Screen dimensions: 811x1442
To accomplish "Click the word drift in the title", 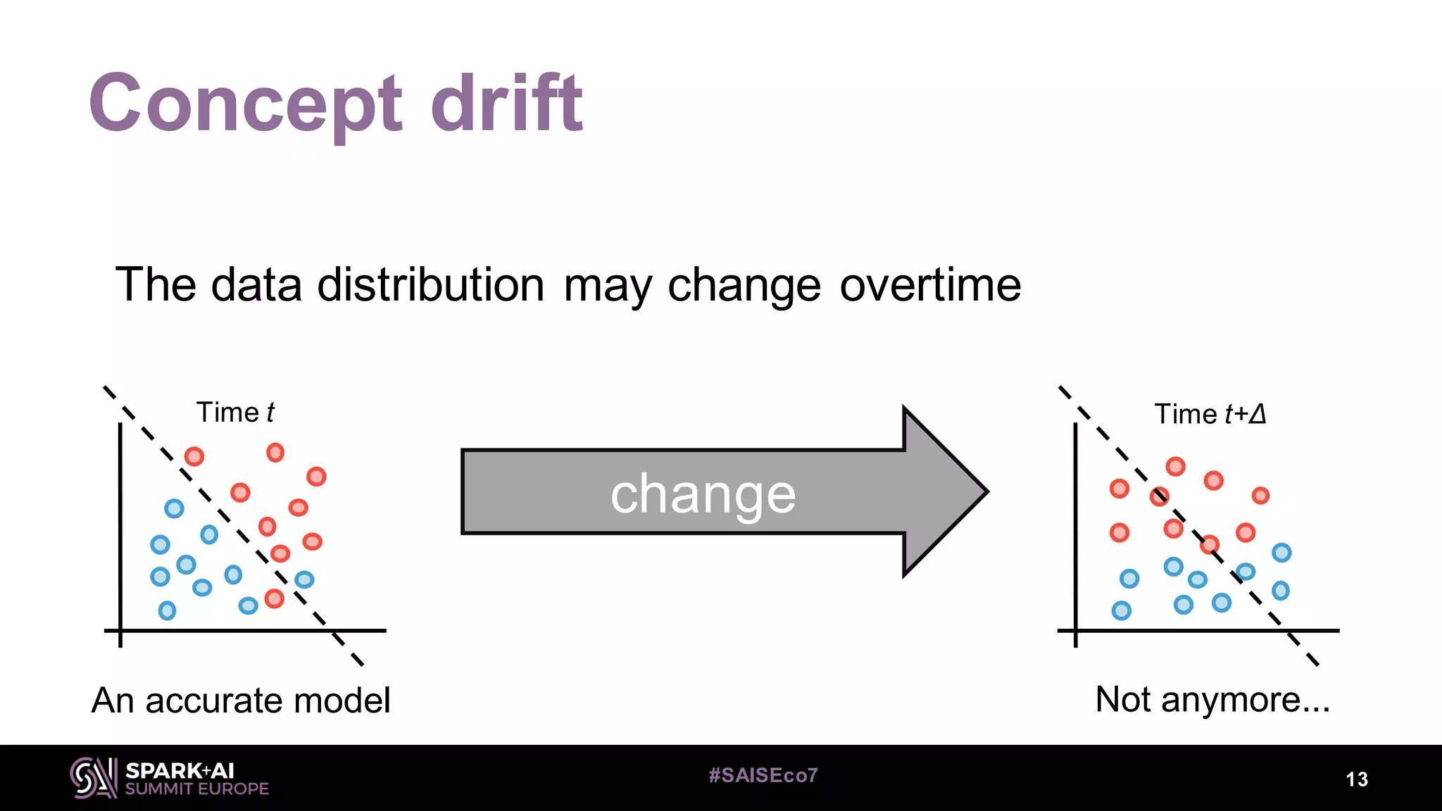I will coord(506,104).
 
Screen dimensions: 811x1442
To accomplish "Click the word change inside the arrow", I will coord(703,494).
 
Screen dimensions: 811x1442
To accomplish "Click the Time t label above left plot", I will coord(235,413).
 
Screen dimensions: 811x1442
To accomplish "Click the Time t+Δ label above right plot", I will coord(1210,414).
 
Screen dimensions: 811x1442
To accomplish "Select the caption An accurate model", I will coord(241,700).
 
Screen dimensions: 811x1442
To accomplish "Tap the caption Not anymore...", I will coord(1212,700).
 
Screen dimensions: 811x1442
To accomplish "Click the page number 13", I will coord(1356,779).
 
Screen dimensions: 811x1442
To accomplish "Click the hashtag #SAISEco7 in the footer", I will coord(763,776).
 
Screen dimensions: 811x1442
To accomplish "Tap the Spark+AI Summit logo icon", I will coord(93,778).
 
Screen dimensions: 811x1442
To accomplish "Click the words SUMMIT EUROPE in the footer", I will coord(197,789).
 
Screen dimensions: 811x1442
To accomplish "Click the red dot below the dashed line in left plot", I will coord(274,599).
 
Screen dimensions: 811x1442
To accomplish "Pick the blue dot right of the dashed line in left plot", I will coord(304,579).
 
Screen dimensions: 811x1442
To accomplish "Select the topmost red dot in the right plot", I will coord(1175,466).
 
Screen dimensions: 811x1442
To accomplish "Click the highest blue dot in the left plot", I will coord(174,508).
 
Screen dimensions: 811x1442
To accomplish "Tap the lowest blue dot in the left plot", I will coord(167,610).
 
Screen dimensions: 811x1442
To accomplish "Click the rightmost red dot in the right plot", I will coord(1260,496).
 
